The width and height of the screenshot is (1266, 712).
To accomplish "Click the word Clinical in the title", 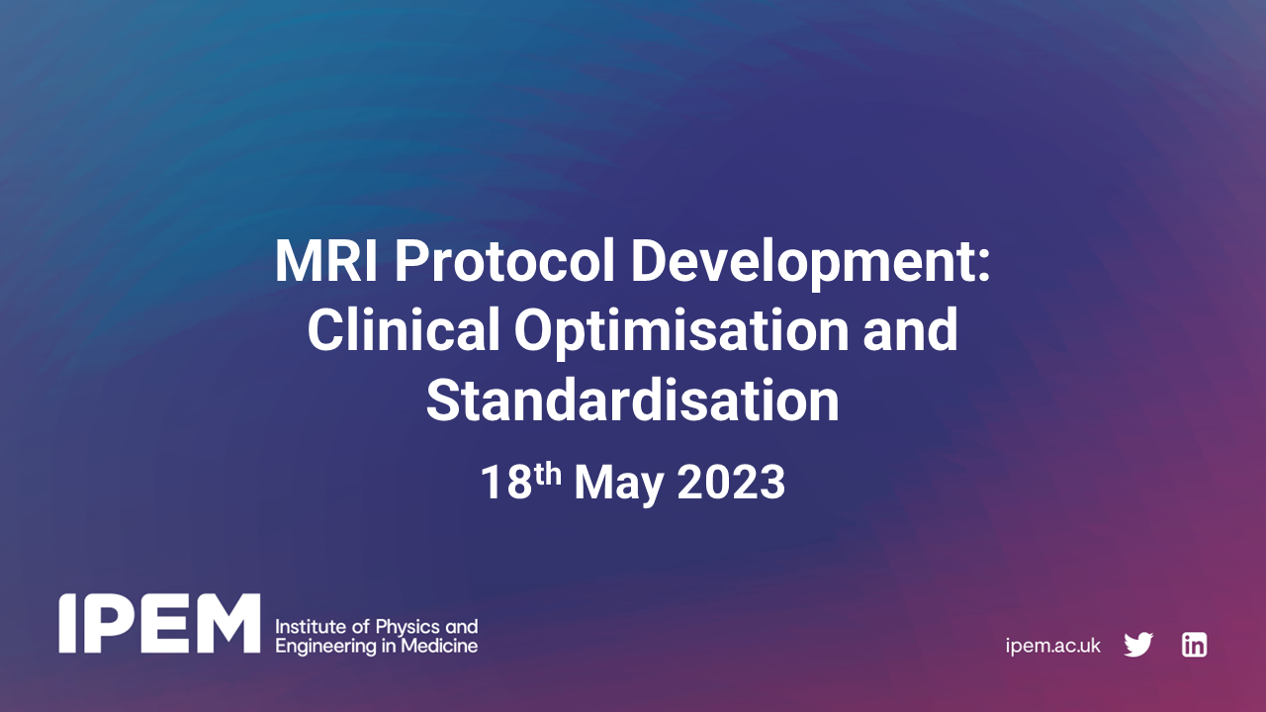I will click(x=403, y=331).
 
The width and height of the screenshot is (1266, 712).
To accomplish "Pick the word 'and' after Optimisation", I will click(x=911, y=331).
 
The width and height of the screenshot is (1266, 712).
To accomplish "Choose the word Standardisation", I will click(x=633, y=400).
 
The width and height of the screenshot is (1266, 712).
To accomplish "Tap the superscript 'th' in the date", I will click(x=548, y=473).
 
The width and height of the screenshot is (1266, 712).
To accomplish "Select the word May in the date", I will click(x=623, y=484).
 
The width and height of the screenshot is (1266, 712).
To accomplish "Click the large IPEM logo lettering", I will click(x=159, y=624).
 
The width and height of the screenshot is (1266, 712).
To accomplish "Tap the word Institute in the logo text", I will click(x=305, y=627).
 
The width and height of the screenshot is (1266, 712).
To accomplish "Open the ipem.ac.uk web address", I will click(x=1052, y=646).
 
